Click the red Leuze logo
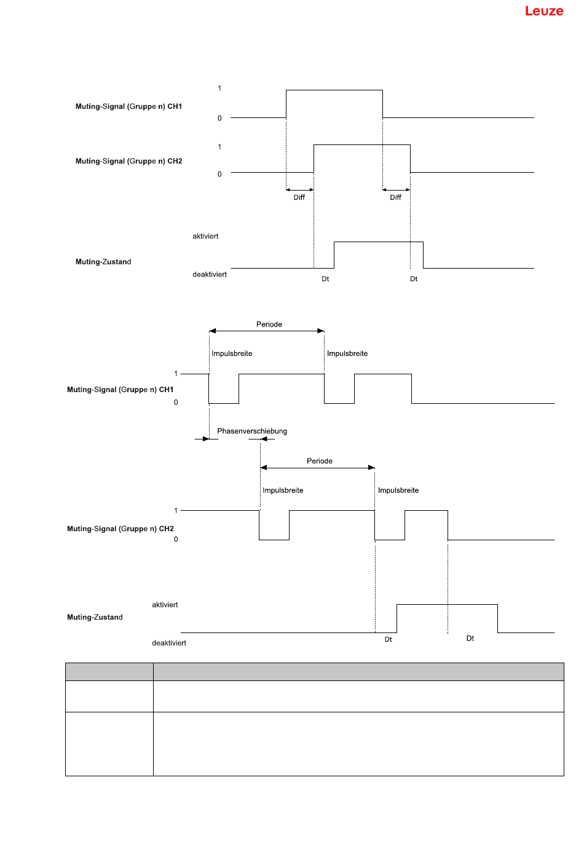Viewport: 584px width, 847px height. (544, 11)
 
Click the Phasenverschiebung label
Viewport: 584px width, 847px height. (252, 431)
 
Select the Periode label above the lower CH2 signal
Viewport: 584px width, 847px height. (320, 461)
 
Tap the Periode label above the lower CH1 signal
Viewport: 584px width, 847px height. (269, 324)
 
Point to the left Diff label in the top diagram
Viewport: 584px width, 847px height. (299, 197)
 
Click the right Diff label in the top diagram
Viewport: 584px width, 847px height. (396, 197)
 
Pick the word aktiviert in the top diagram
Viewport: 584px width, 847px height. (205, 236)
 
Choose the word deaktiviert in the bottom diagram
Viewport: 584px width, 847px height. (169, 643)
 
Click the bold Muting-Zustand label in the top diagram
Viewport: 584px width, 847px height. (103, 262)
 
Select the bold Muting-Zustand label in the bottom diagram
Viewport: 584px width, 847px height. (95, 617)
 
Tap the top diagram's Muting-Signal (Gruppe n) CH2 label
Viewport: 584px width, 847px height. (128, 161)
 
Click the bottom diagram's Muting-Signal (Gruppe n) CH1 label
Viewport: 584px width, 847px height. (120, 390)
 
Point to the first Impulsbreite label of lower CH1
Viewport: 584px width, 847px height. (232, 353)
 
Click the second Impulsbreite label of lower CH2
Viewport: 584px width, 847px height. (398, 490)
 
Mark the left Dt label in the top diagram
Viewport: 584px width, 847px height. (325, 279)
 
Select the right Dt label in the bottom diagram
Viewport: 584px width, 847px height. (470, 638)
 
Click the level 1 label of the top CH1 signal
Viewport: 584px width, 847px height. (219, 88)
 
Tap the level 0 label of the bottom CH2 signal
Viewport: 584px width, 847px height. (176, 539)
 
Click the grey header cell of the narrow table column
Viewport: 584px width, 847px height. (109, 672)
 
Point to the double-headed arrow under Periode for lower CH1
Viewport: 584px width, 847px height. (267, 331)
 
